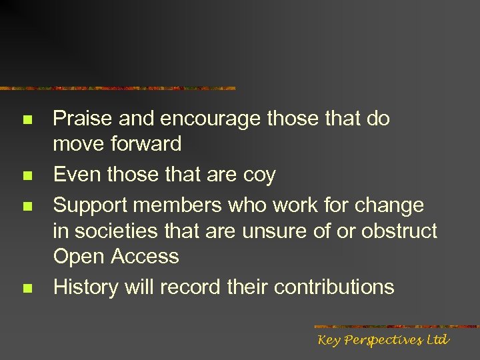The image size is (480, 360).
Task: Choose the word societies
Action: click(x=117, y=231)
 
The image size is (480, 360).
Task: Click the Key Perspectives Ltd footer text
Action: click(x=383, y=340)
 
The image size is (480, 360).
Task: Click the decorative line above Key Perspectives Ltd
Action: click(x=396, y=327)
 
